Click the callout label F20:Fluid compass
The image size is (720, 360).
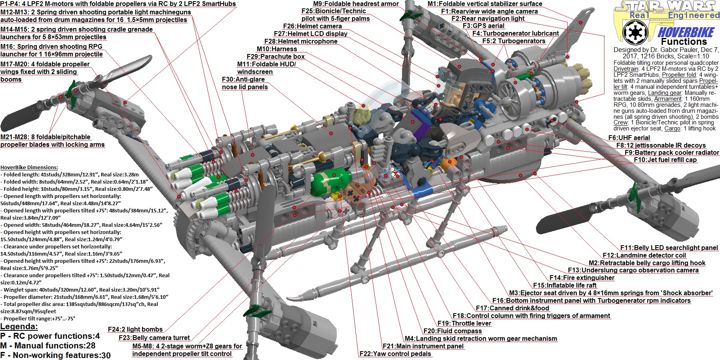coord(452,331)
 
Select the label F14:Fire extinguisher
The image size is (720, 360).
coord(582,278)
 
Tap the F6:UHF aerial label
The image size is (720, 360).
coord(629,138)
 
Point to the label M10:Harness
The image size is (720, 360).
coord(277,49)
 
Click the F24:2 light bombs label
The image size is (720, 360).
coord(135,330)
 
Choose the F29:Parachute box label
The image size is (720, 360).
coord(276,57)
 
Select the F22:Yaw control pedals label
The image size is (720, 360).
coord(395,354)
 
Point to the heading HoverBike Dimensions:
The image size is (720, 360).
coord(29,168)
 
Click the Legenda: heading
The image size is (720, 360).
coord(19,326)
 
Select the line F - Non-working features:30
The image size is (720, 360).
coord(55,355)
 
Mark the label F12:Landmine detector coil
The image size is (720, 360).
coord(644,256)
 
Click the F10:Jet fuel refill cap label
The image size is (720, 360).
coord(665,160)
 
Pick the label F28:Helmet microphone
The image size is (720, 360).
coord(300,42)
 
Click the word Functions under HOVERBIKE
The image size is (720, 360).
coord(684,42)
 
